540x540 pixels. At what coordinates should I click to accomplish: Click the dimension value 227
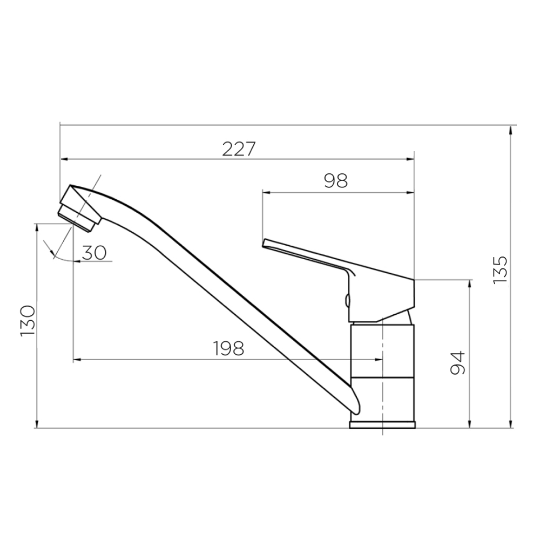coord(239,149)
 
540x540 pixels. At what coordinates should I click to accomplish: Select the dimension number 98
coord(336,180)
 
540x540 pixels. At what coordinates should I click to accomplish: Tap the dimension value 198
coord(228,348)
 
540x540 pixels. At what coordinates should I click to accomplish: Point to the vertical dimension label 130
coord(28,321)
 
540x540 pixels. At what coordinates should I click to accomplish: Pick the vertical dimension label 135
coord(500,270)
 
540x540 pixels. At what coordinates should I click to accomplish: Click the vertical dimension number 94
coord(458,363)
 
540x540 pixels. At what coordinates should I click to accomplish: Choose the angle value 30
coord(94,253)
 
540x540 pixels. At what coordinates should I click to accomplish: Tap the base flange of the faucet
coord(382,425)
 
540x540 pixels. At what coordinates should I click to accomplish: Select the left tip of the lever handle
coord(264,243)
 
